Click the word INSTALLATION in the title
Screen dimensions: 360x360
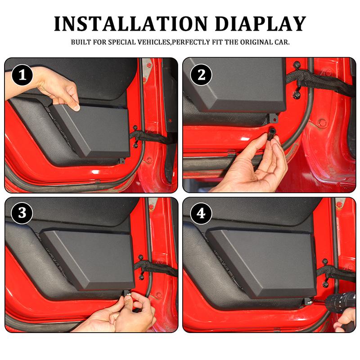click(131, 24)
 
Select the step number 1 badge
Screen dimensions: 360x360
click(22, 75)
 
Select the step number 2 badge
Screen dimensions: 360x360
click(201, 75)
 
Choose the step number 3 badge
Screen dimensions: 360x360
click(22, 213)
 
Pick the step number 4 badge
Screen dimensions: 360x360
click(201, 213)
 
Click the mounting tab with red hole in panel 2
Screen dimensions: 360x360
click(274, 118)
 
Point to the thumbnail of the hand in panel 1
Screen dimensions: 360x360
click(76, 107)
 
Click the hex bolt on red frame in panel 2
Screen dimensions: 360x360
click(322, 122)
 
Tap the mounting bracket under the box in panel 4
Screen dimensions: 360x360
click(308, 301)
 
